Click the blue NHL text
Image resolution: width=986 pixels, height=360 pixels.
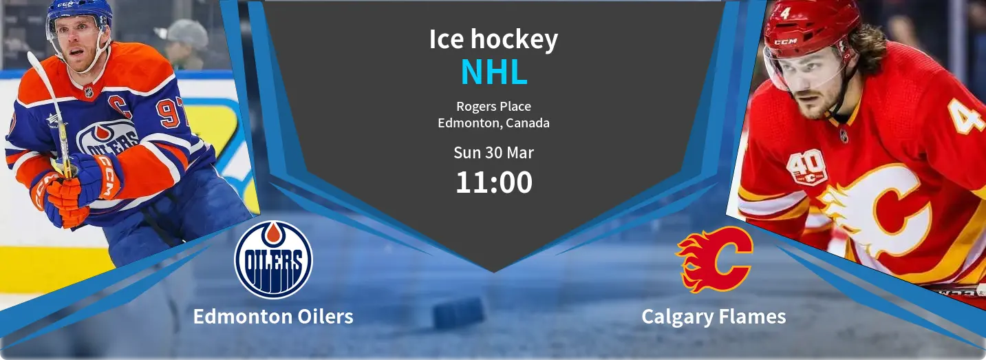click(x=494, y=72)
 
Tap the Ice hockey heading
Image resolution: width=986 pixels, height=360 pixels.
click(x=493, y=40)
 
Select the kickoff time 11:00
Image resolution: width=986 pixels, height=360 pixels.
click(x=494, y=182)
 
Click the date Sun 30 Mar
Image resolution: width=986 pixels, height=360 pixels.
click(x=493, y=153)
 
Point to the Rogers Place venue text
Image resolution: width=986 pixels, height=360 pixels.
click(x=493, y=107)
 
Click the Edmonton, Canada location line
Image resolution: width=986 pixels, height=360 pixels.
click(x=493, y=123)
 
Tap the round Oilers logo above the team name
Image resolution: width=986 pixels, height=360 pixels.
click(x=273, y=260)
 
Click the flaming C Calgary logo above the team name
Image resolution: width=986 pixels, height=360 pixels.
click(x=714, y=260)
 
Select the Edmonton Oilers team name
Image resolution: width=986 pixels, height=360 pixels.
click(x=273, y=317)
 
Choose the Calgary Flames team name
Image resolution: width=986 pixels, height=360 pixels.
click(x=714, y=317)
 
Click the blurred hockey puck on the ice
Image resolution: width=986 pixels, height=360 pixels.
click(x=458, y=313)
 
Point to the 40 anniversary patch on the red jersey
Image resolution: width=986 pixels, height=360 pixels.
click(x=807, y=168)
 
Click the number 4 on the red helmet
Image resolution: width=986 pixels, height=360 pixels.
click(x=785, y=13)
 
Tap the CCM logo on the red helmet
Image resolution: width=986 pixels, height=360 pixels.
click(x=786, y=42)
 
